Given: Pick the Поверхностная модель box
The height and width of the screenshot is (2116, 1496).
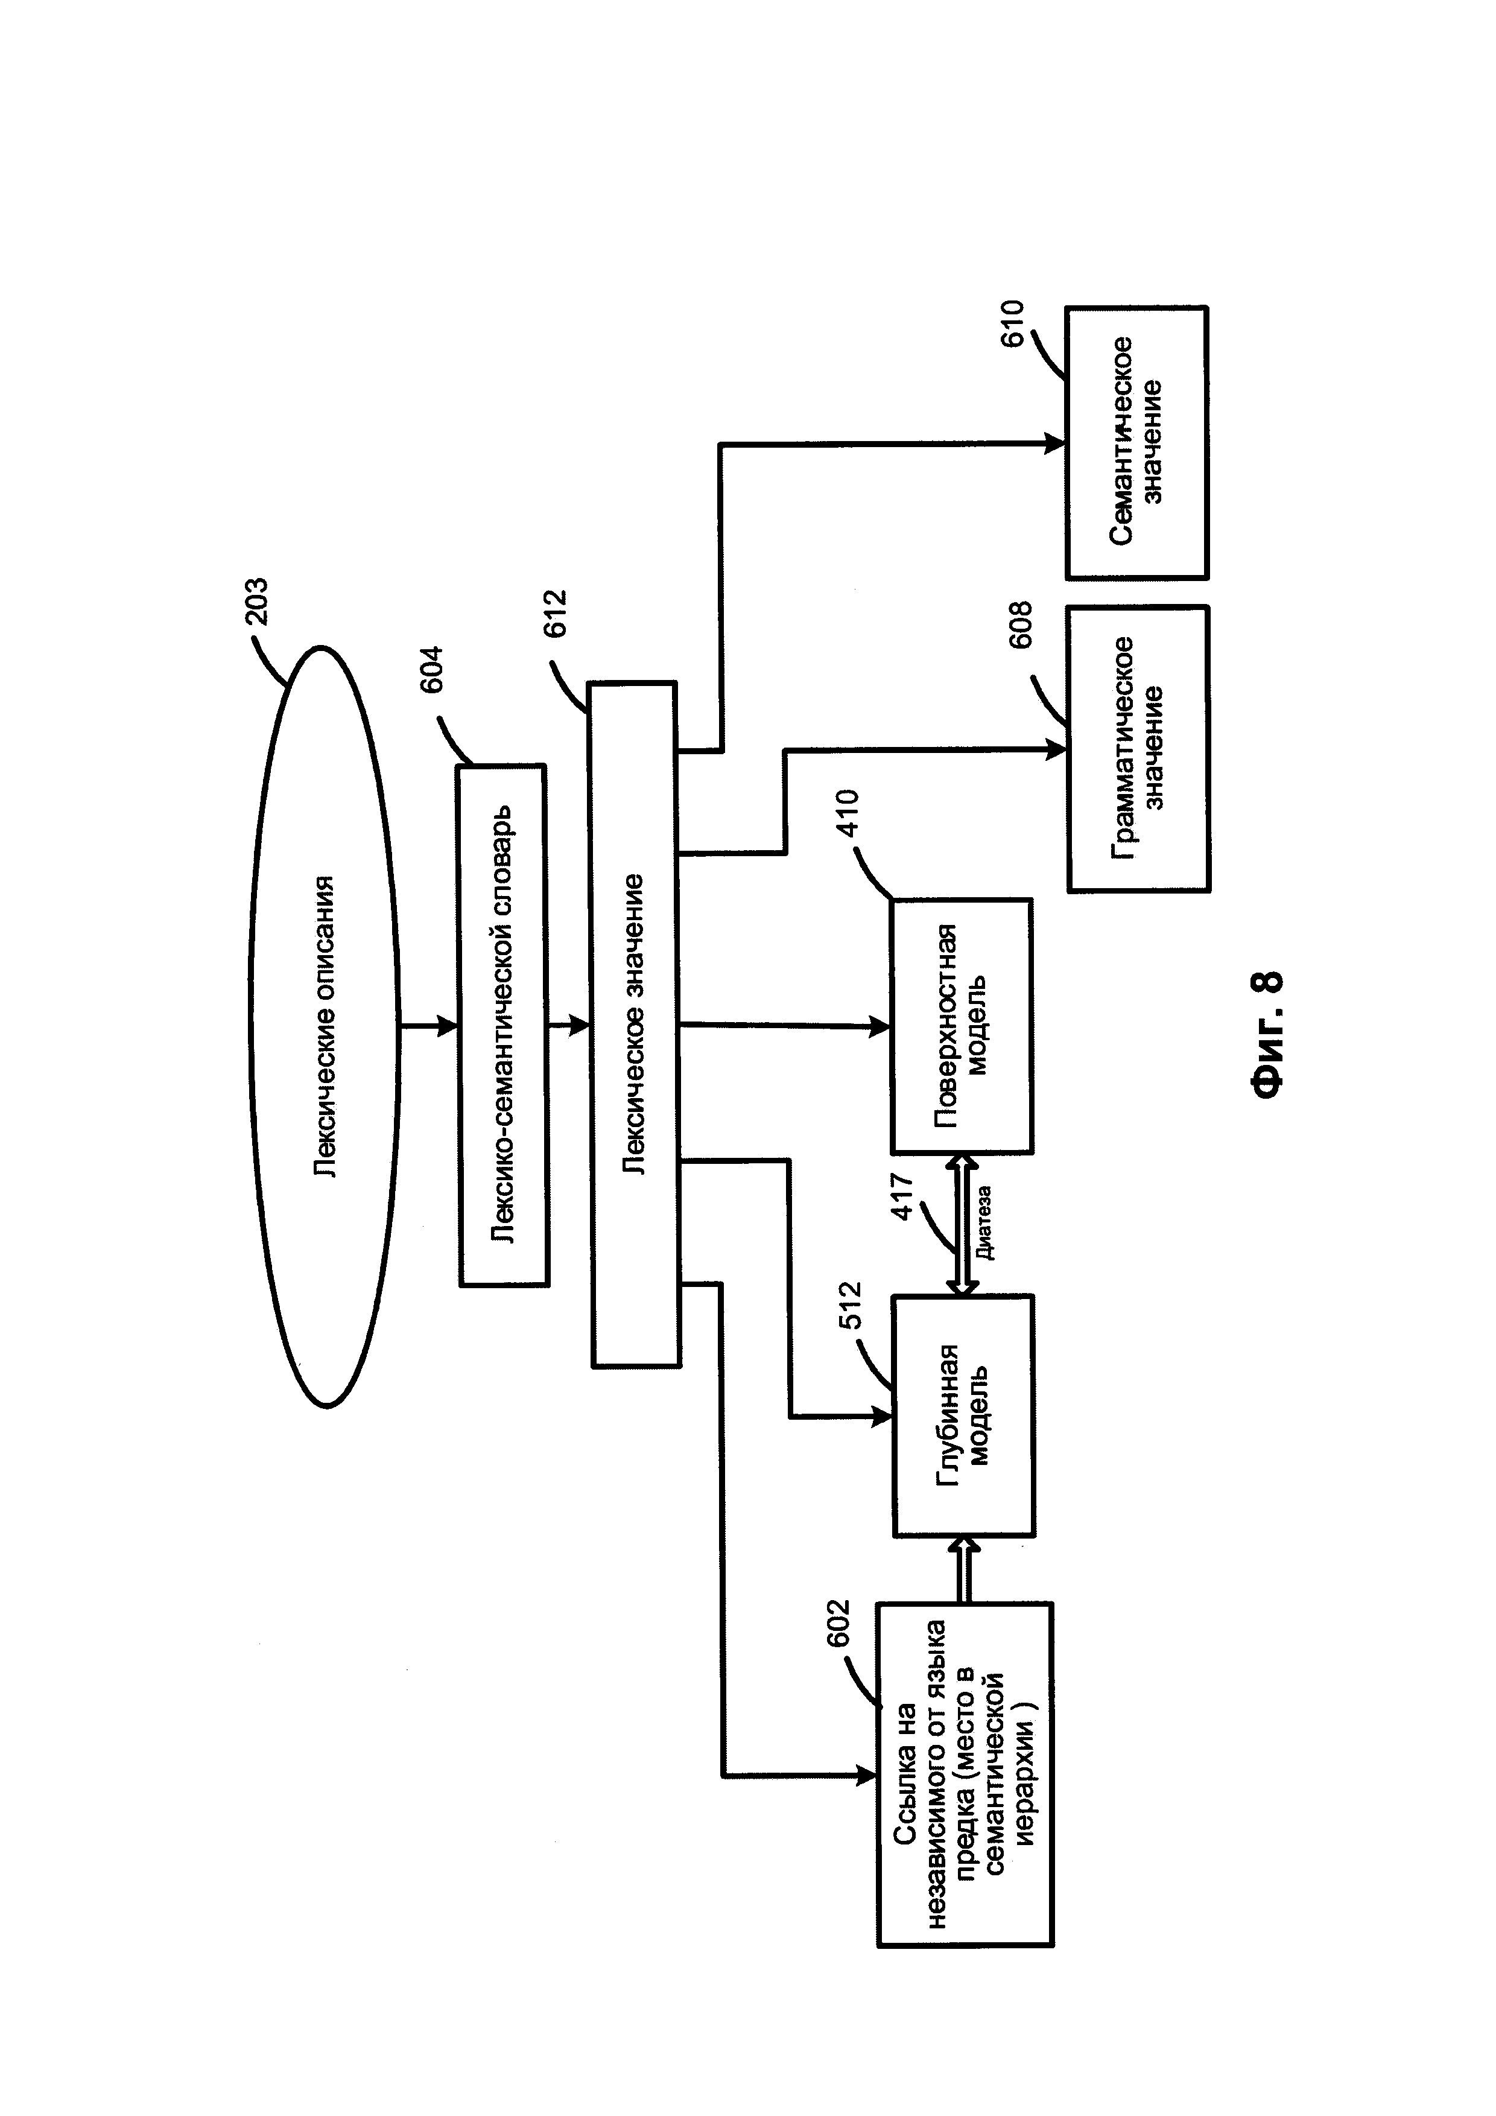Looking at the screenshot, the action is click(x=962, y=1026).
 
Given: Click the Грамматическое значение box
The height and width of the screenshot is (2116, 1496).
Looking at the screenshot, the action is click(x=1138, y=748).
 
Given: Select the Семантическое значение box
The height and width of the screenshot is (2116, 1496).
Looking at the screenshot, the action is click(x=1136, y=442).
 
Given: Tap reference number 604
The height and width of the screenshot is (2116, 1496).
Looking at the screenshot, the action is click(x=430, y=669).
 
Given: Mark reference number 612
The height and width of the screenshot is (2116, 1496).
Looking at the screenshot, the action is click(x=556, y=613).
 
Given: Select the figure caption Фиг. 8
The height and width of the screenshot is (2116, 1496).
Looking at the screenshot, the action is click(x=1267, y=1033).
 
